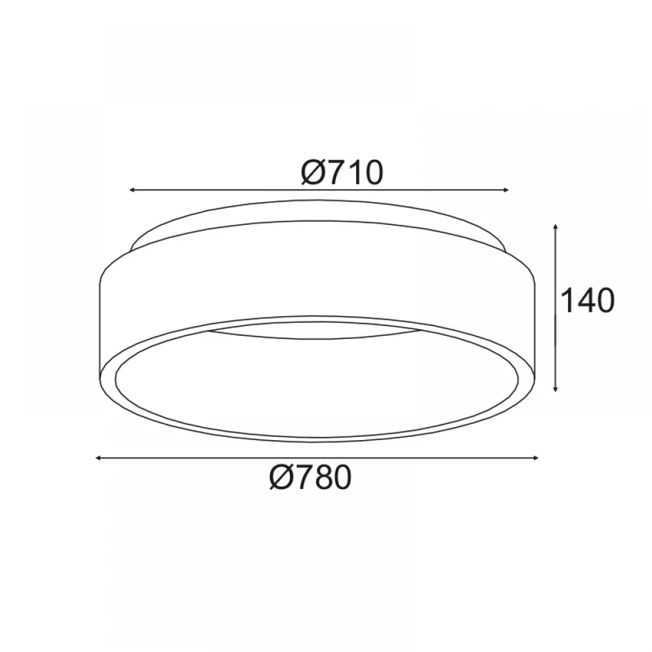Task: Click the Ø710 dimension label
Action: point(342,172)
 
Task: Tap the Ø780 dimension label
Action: point(310,477)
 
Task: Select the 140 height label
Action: point(587,300)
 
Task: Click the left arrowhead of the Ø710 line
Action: point(132,190)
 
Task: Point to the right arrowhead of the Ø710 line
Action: point(505,190)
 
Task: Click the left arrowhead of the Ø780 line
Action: point(98,458)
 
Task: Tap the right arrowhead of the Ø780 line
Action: point(535,458)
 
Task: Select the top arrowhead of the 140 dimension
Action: point(556,227)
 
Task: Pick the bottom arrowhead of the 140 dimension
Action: point(556,389)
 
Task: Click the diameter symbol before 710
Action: point(312,172)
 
